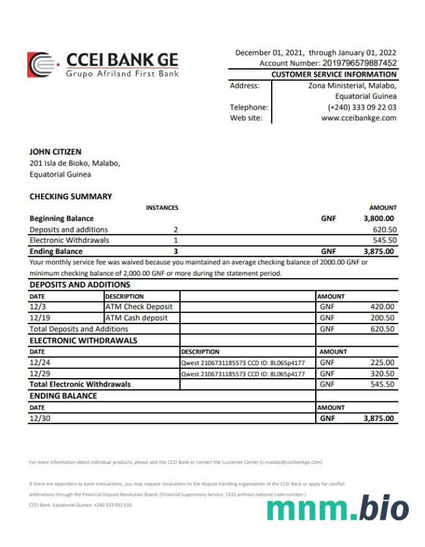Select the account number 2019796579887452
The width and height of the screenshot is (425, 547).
(x=359, y=63)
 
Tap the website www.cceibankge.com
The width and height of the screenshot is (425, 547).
(x=358, y=118)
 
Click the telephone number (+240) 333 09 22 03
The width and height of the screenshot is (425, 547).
(x=362, y=107)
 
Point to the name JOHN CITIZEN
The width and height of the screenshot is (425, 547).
(x=56, y=152)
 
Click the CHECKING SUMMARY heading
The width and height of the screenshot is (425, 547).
(x=71, y=196)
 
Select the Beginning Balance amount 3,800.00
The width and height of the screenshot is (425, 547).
(x=379, y=219)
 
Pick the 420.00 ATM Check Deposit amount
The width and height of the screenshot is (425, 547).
(x=382, y=307)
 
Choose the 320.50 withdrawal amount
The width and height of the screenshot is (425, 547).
(x=382, y=374)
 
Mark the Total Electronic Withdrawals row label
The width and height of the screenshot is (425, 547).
(x=80, y=384)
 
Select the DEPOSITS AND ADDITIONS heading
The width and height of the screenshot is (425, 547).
(x=80, y=285)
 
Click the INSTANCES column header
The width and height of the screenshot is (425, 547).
(x=162, y=208)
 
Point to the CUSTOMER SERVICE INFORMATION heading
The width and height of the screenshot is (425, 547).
(x=333, y=75)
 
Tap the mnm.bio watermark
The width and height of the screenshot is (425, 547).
(x=338, y=509)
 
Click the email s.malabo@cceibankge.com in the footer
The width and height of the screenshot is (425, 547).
(x=291, y=463)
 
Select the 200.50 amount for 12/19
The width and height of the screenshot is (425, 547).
(x=382, y=318)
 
